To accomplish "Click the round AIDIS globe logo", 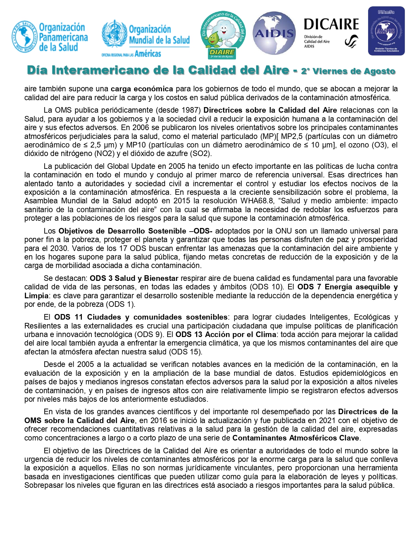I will (x=274, y=33).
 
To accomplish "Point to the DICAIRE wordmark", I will (x=331, y=25).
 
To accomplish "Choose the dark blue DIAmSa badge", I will (x=386, y=31).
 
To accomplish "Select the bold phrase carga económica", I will (x=142, y=89).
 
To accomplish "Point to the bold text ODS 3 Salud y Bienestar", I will (x=134, y=278).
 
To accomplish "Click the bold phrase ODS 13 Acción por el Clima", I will (x=226, y=334).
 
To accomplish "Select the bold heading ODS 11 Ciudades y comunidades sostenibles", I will (x=141, y=317).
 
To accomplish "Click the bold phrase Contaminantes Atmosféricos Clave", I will (x=296, y=438).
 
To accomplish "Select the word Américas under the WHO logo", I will (x=148, y=54).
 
